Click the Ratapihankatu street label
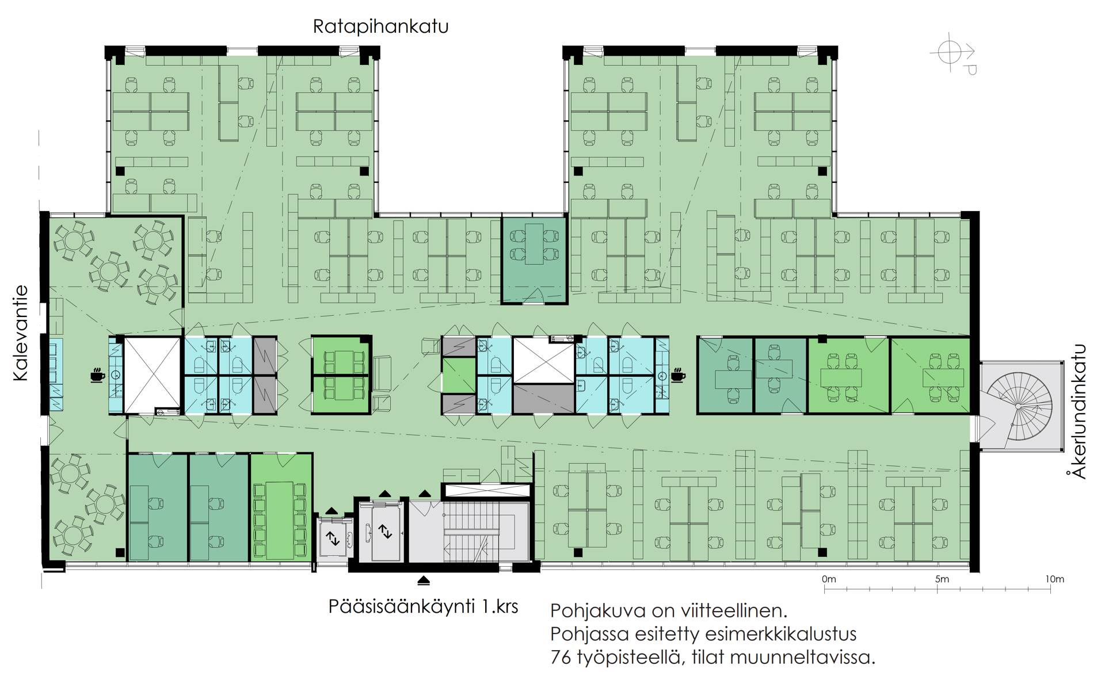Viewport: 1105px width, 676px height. (x=380, y=27)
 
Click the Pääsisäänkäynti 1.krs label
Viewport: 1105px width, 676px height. (x=423, y=606)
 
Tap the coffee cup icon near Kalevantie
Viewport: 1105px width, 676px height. (x=97, y=376)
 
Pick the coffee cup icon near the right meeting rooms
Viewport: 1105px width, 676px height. (x=679, y=376)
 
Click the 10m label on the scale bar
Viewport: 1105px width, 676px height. (x=1055, y=579)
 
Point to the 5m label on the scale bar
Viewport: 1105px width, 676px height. (x=942, y=579)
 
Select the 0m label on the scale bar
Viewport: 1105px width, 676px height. (x=829, y=579)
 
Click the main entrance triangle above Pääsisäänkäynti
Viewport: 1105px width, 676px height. (x=424, y=580)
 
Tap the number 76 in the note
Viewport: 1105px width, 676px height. (x=561, y=657)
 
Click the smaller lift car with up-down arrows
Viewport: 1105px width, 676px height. (x=333, y=538)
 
